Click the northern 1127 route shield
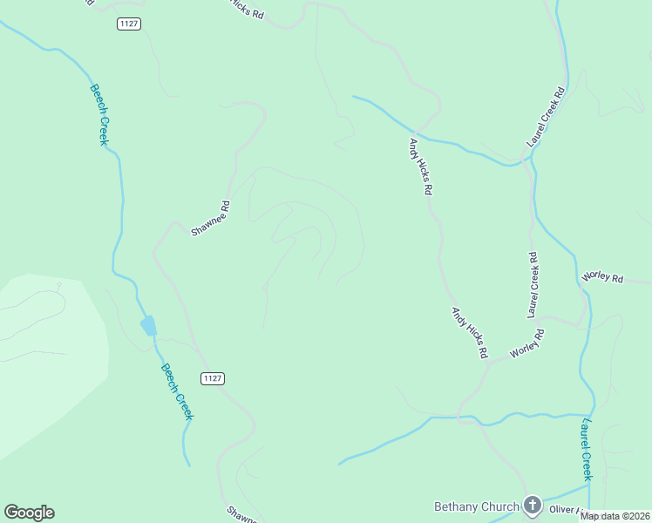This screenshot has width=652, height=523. [x=128, y=24]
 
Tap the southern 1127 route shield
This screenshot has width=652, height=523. [x=212, y=377]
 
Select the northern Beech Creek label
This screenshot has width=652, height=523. [x=98, y=113]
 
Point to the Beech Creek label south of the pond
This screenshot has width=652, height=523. [x=177, y=391]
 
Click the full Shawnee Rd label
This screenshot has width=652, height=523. [x=210, y=219]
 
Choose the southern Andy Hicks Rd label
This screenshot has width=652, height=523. [x=469, y=332]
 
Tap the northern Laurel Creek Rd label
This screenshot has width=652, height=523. [x=547, y=116]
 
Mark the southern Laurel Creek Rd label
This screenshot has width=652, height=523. [x=533, y=284]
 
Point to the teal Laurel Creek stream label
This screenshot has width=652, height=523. [x=587, y=450]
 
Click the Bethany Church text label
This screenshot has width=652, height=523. [x=476, y=506]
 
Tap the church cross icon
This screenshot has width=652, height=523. [x=532, y=506]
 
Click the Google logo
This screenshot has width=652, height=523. [x=29, y=513]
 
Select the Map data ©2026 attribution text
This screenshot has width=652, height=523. [x=615, y=516]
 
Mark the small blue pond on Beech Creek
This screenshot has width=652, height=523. [x=148, y=326]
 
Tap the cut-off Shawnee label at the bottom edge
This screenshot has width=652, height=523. [x=240, y=514]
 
